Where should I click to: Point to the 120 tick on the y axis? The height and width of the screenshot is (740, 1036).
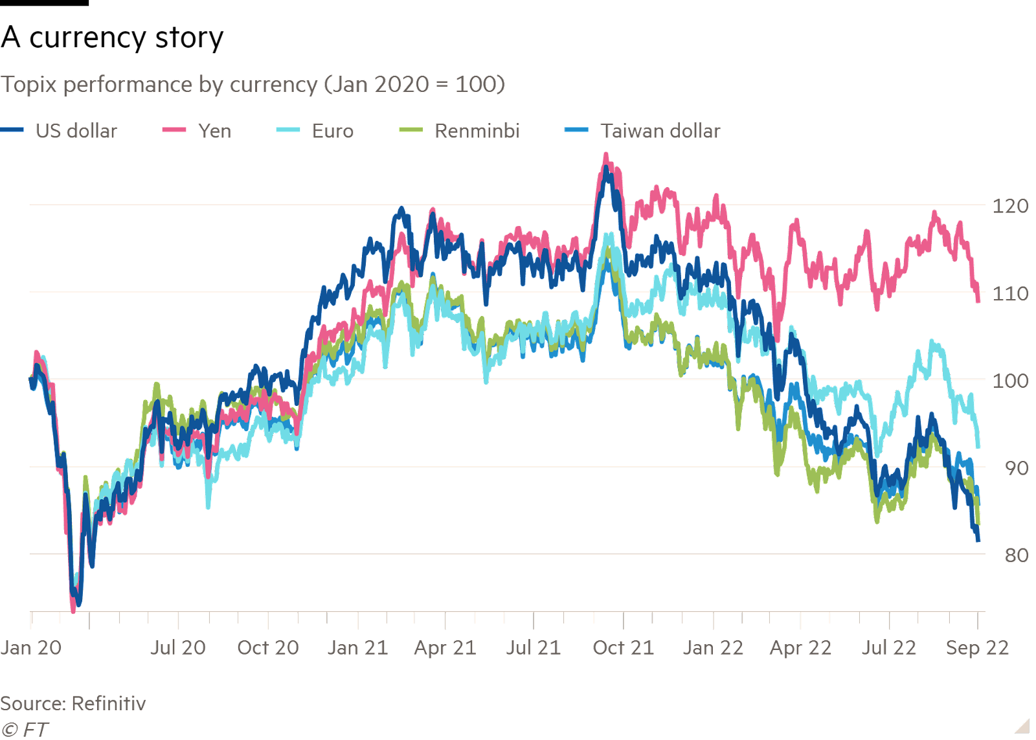click(x=1009, y=207)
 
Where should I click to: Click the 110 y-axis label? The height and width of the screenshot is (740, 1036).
click(x=1009, y=294)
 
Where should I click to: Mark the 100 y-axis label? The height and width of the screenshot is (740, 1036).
click(x=1009, y=381)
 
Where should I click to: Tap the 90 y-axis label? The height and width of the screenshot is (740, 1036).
click(x=1016, y=468)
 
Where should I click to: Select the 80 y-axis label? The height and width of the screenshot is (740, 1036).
click(x=1016, y=555)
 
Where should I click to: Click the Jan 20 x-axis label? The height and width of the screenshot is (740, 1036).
click(x=30, y=647)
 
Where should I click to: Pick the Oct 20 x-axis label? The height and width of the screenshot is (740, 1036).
click(x=267, y=647)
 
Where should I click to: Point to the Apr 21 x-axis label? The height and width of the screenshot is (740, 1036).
click(x=445, y=647)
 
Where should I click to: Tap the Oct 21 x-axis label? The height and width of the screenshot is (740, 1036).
click(x=623, y=647)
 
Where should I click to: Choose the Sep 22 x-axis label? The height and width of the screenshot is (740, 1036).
click(x=976, y=647)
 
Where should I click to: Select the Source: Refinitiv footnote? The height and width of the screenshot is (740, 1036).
click(x=73, y=704)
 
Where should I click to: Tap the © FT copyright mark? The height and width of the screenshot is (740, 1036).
click(x=25, y=730)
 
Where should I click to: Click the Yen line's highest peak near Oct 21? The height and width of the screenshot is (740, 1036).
click(x=606, y=155)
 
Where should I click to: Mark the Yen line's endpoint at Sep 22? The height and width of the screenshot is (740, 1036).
click(x=978, y=300)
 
